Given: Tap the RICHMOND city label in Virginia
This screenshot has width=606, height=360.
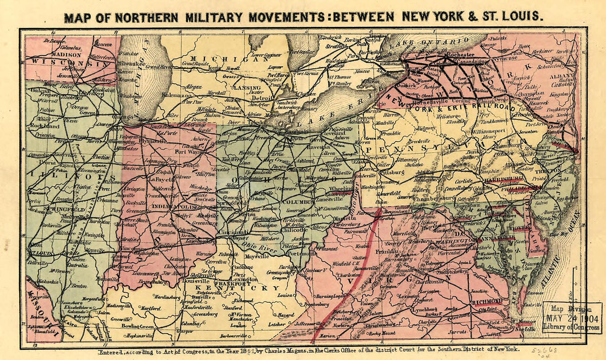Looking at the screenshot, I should pyautogui.click(x=486, y=301).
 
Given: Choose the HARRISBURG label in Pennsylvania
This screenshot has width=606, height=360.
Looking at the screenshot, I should pyautogui.click(x=503, y=179).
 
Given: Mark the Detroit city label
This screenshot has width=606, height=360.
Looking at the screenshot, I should pyautogui.click(x=263, y=98).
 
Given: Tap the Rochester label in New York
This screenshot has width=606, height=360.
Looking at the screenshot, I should pyautogui.click(x=461, y=55).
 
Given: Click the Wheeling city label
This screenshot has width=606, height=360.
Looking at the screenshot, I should pyautogui.click(x=340, y=188).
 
